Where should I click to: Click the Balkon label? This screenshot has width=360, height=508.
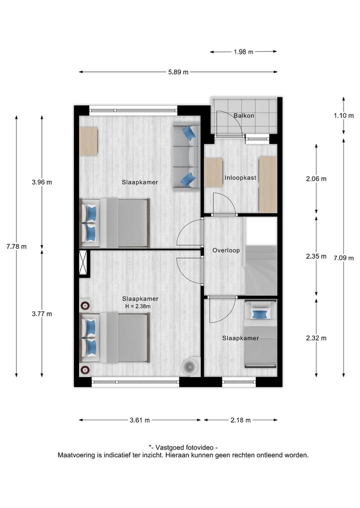[x=244, y=116]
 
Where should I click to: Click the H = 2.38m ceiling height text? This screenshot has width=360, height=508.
[x=137, y=306]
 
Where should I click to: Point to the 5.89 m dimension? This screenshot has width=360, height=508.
[x=178, y=72]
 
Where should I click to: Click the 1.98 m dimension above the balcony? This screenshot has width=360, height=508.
[x=243, y=51]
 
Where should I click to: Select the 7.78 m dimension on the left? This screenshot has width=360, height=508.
[x=16, y=246]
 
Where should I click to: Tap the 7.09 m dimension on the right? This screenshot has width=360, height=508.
[x=343, y=258]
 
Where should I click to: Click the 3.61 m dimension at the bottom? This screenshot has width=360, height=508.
[x=139, y=420]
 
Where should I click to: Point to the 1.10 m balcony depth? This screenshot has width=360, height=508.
[x=343, y=116]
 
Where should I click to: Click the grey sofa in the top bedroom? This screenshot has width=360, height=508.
[x=186, y=156]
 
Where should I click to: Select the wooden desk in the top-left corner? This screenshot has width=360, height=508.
[x=88, y=141]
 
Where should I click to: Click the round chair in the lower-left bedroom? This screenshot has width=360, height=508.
[x=190, y=366]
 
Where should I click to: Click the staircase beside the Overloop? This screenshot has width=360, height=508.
[x=261, y=270]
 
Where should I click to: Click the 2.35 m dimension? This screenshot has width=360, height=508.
[x=316, y=257]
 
